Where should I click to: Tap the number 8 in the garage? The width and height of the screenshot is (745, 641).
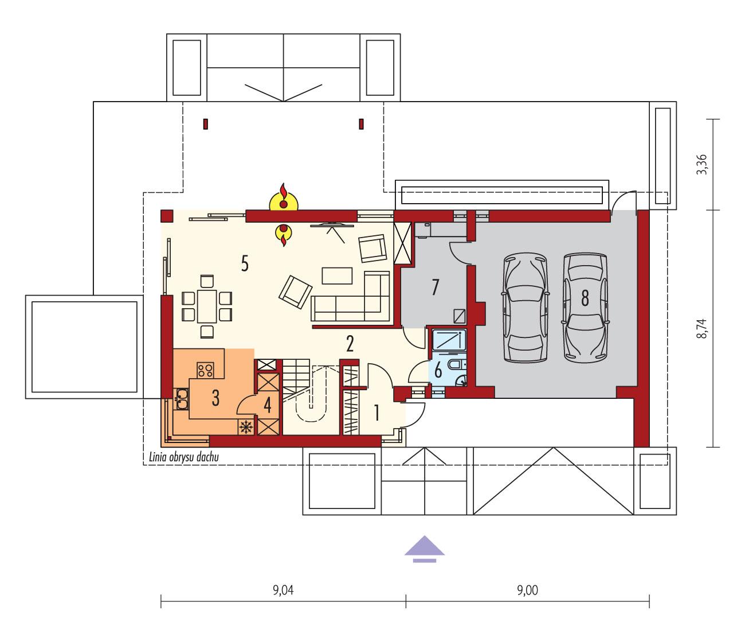click(585, 298)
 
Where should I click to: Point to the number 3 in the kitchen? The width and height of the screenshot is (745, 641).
click(215, 398)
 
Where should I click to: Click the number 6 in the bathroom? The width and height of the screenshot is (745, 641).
click(438, 370)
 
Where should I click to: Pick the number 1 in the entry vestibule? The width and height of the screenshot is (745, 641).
click(377, 413)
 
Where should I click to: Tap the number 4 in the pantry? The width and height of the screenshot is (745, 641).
click(267, 405)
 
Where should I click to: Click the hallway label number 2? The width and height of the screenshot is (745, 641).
click(350, 343)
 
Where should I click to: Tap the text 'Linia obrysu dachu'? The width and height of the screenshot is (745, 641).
click(185, 457)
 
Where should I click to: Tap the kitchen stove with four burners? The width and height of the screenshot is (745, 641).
click(206, 370)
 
